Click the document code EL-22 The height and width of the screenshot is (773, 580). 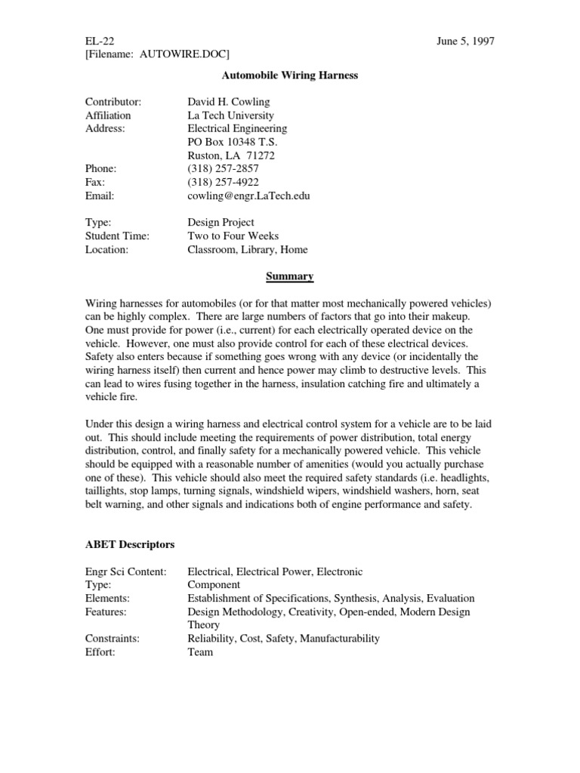(100, 41)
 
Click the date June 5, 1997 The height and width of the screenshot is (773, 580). (465, 41)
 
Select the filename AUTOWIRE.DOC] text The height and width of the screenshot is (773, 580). (185, 54)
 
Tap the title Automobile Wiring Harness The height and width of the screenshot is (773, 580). (289, 75)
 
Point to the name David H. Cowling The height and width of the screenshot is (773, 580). (228, 102)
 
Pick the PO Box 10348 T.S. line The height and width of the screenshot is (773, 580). (233, 143)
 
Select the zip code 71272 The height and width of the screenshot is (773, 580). (261, 156)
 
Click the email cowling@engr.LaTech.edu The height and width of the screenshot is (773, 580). (248, 196)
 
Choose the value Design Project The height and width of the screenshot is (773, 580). (221, 223)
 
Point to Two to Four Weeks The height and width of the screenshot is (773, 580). (233, 236)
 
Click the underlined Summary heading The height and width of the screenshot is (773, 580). (289, 277)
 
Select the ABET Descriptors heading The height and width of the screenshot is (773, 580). (131, 545)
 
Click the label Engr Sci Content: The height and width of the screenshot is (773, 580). (126, 571)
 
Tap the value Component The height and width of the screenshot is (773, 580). (214, 585)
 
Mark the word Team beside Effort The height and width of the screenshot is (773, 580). (200, 652)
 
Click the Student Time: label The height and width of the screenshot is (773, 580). (117, 236)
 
